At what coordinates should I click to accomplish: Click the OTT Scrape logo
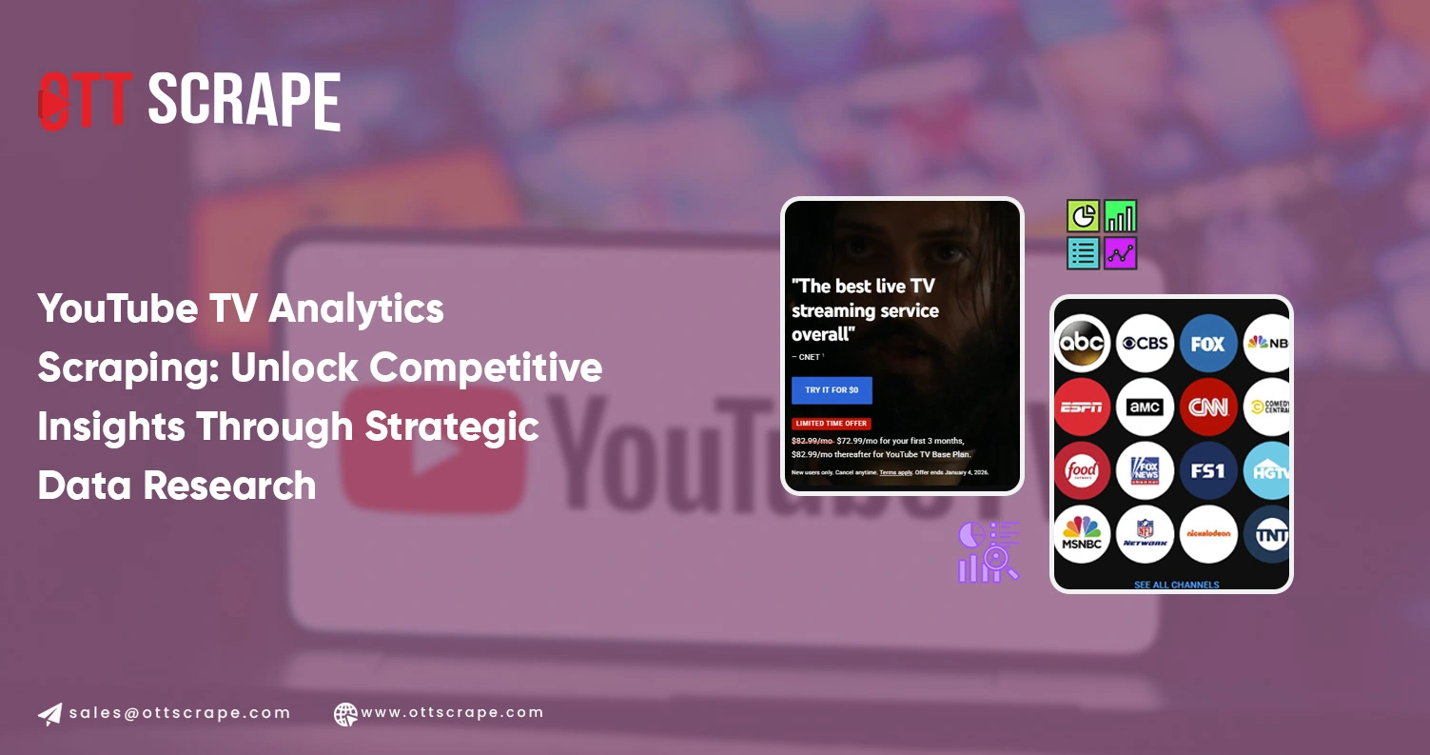pos(189,100)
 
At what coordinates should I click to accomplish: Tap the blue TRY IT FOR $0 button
pos(832,390)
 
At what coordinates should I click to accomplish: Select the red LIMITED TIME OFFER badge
pos(832,424)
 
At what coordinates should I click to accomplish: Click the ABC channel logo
pos(1083,343)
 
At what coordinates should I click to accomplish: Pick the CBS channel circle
pos(1145,343)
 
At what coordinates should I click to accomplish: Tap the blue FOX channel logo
pos(1208,343)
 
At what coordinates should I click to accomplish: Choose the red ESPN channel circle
pos(1083,407)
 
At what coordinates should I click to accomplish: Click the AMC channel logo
pos(1145,407)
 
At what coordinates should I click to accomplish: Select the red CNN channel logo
pos(1208,407)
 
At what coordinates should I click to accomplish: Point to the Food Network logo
pos(1083,470)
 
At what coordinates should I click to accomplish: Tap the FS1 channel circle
pos(1208,470)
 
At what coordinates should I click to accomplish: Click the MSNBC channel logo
pos(1083,534)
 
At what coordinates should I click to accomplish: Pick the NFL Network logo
pos(1145,534)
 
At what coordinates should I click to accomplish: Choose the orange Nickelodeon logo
pos(1208,534)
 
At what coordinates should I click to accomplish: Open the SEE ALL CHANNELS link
pos(1176,584)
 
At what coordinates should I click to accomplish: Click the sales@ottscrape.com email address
pos(180,713)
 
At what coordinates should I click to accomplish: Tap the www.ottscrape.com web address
pos(452,712)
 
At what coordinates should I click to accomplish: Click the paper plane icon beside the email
pos(50,714)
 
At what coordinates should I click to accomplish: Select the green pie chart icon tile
pos(1083,216)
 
